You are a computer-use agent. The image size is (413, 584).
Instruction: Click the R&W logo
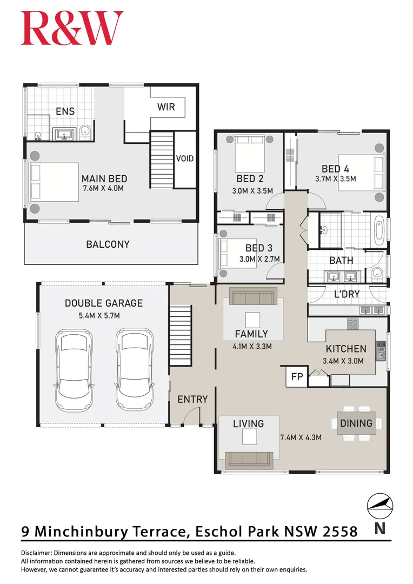(72, 28)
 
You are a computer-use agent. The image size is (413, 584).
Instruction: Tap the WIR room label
(166, 107)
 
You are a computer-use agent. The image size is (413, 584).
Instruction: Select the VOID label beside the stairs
(184, 159)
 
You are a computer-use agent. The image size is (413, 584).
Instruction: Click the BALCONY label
(108, 244)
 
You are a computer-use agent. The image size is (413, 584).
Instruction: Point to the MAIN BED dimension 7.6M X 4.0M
(103, 189)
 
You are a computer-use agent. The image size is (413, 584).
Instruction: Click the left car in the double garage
(75, 371)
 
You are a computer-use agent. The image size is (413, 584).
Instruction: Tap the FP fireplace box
(297, 376)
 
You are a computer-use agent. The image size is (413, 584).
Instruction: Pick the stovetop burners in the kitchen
(352, 324)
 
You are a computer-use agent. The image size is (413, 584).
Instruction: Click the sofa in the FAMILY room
(254, 296)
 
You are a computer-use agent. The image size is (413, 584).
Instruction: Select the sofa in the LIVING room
(249, 459)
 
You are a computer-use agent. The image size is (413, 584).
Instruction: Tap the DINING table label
(356, 423)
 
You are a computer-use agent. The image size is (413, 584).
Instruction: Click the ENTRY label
(192, 400)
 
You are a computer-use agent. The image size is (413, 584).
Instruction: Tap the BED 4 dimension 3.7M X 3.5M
(335, 179)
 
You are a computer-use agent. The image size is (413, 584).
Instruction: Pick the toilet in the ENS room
(85, 132)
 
